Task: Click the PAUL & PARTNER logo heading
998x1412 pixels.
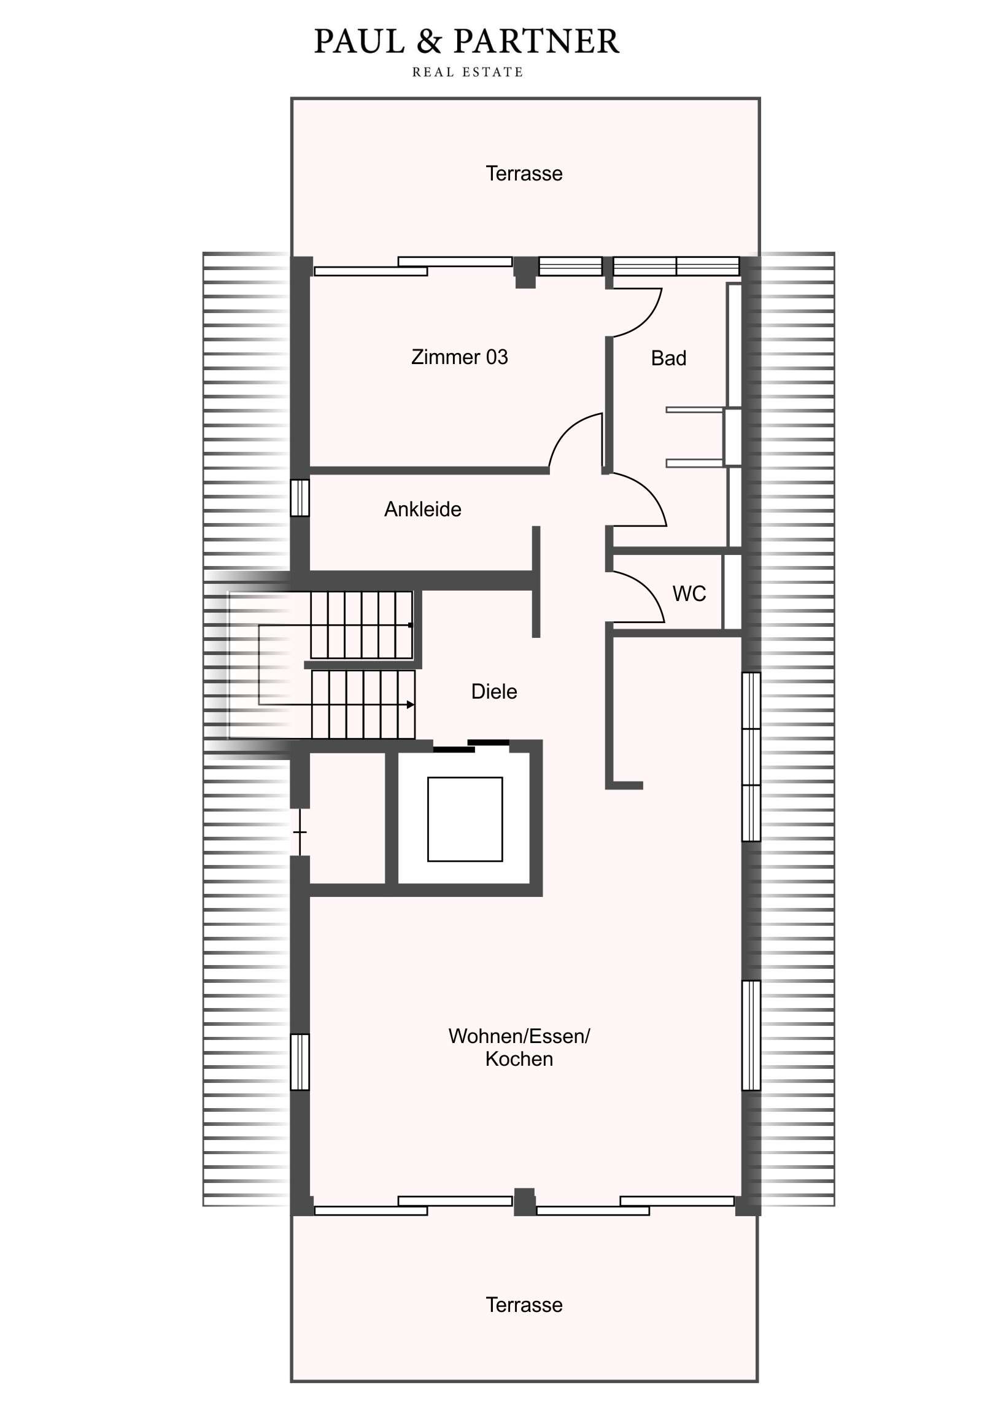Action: point(466,42)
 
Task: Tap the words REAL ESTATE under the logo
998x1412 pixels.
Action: point(467,72)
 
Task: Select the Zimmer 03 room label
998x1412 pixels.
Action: point(459,357)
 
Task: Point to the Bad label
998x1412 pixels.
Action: point(668,358)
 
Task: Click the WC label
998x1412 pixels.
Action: point(689,594)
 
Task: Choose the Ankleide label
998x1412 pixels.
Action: point(422,509)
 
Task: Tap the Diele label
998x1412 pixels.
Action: point(493,691)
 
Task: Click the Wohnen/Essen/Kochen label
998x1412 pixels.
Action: point(519,1047)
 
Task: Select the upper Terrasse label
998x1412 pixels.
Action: point(524,173)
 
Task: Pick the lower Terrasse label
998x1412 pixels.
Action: point(524,1305)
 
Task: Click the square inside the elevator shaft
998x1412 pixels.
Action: point(465,819)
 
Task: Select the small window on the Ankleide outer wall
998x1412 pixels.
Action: point(300,497)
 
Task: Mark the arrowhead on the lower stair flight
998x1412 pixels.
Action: point(411,704)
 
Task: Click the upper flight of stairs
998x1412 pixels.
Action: point(361,625)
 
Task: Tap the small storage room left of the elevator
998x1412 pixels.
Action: point(347,818)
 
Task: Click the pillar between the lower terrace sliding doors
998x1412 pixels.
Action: point(525,1201)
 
